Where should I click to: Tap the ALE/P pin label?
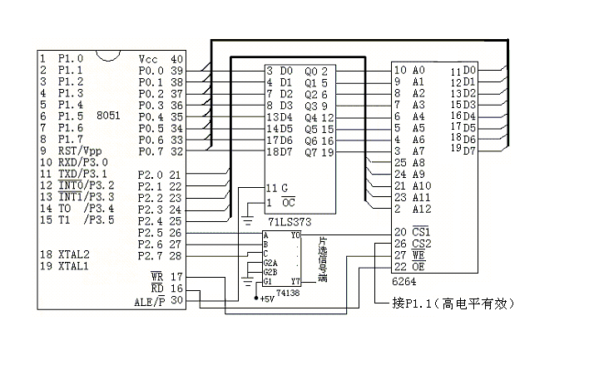[151, 300]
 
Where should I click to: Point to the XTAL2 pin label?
[73, 254]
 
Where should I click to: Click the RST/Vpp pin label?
[78, 152]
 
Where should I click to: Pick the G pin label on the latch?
[284, 188]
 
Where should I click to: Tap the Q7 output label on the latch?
[310, 152]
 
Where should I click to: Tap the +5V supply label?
[268, 298]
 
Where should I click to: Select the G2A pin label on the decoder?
[270, 263]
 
